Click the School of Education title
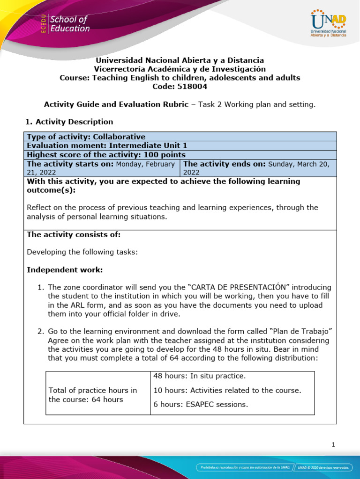point(69,24)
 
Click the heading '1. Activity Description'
point(68,122)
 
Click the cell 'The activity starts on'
point(101,168)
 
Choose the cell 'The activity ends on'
point(258,168)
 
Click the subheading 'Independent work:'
point(64,270)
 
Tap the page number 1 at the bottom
point(333,445)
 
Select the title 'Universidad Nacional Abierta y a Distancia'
point(180,60)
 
